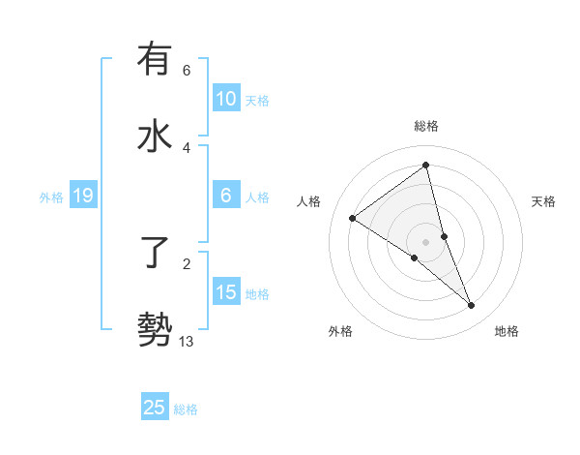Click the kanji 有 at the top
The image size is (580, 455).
pos(155,60)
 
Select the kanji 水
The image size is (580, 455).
pos(155,136)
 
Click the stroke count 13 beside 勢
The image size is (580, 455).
pos(187,341)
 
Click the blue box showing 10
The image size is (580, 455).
pos(226,99)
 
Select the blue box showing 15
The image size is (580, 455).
pos(226,292)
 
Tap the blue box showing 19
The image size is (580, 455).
pos(82,197)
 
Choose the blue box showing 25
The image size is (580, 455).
pos(155,408)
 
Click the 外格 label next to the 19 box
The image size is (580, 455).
pos(51,197)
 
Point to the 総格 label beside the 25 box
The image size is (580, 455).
pos(186,409)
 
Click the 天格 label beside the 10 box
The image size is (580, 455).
pos(257,100)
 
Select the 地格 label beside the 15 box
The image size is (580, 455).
pos(257,293)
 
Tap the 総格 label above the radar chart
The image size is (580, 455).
pos(426,126)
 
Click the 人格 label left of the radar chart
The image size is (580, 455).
pos(309,201)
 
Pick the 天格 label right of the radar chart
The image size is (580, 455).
pos(543,201)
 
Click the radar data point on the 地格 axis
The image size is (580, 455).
pos(472,306)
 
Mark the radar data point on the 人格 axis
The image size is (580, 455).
pos(352,218)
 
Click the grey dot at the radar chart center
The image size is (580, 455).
pos(426,242)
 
